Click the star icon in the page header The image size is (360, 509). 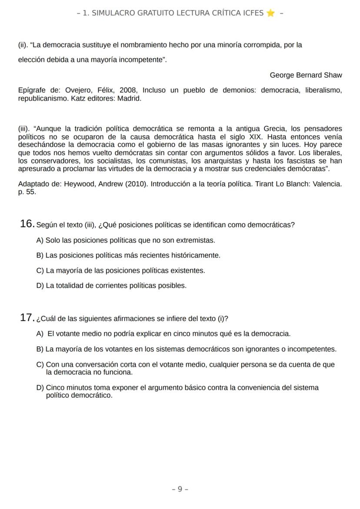(x=270, y=13)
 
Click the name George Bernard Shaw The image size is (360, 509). (x=306, y=75)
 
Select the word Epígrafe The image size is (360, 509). (x=32, y=90)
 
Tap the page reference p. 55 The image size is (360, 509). (x=27, y=192)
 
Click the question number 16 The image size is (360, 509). (x=27, y=224)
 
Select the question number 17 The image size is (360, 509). (x=27, y=318)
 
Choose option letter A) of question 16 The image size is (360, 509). (x=40, y=240)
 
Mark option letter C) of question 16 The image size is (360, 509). (x=40, y=271)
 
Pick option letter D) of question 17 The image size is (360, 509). (x=40, y=388)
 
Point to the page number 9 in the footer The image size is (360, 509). (x=180, y=489)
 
